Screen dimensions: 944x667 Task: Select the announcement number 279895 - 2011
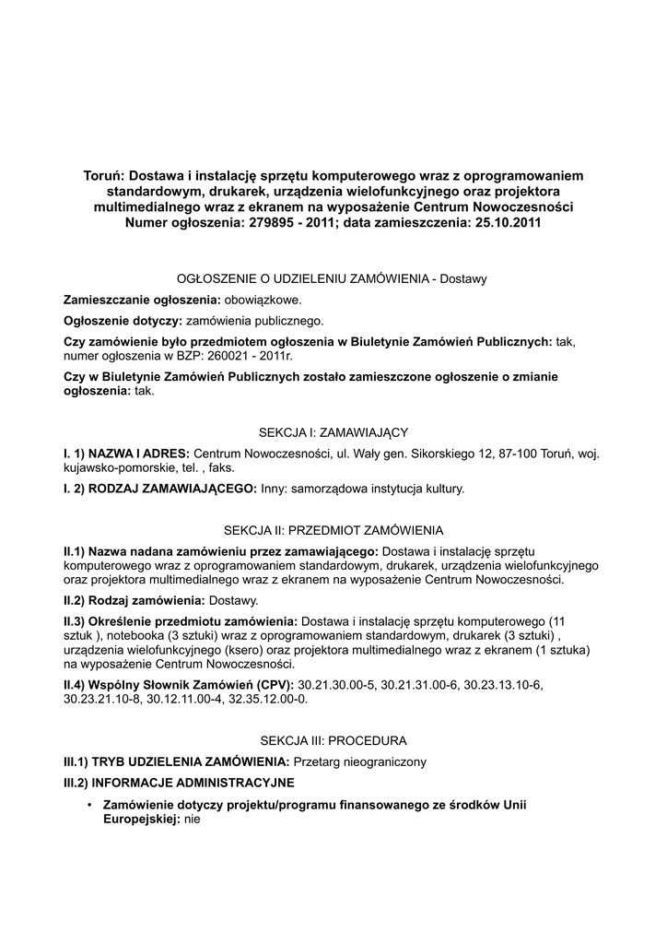[287, 222]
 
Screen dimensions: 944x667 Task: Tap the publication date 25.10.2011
[507, 222]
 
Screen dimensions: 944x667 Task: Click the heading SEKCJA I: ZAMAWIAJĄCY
[333, 431]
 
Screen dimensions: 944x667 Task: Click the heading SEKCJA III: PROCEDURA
[333, 740]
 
